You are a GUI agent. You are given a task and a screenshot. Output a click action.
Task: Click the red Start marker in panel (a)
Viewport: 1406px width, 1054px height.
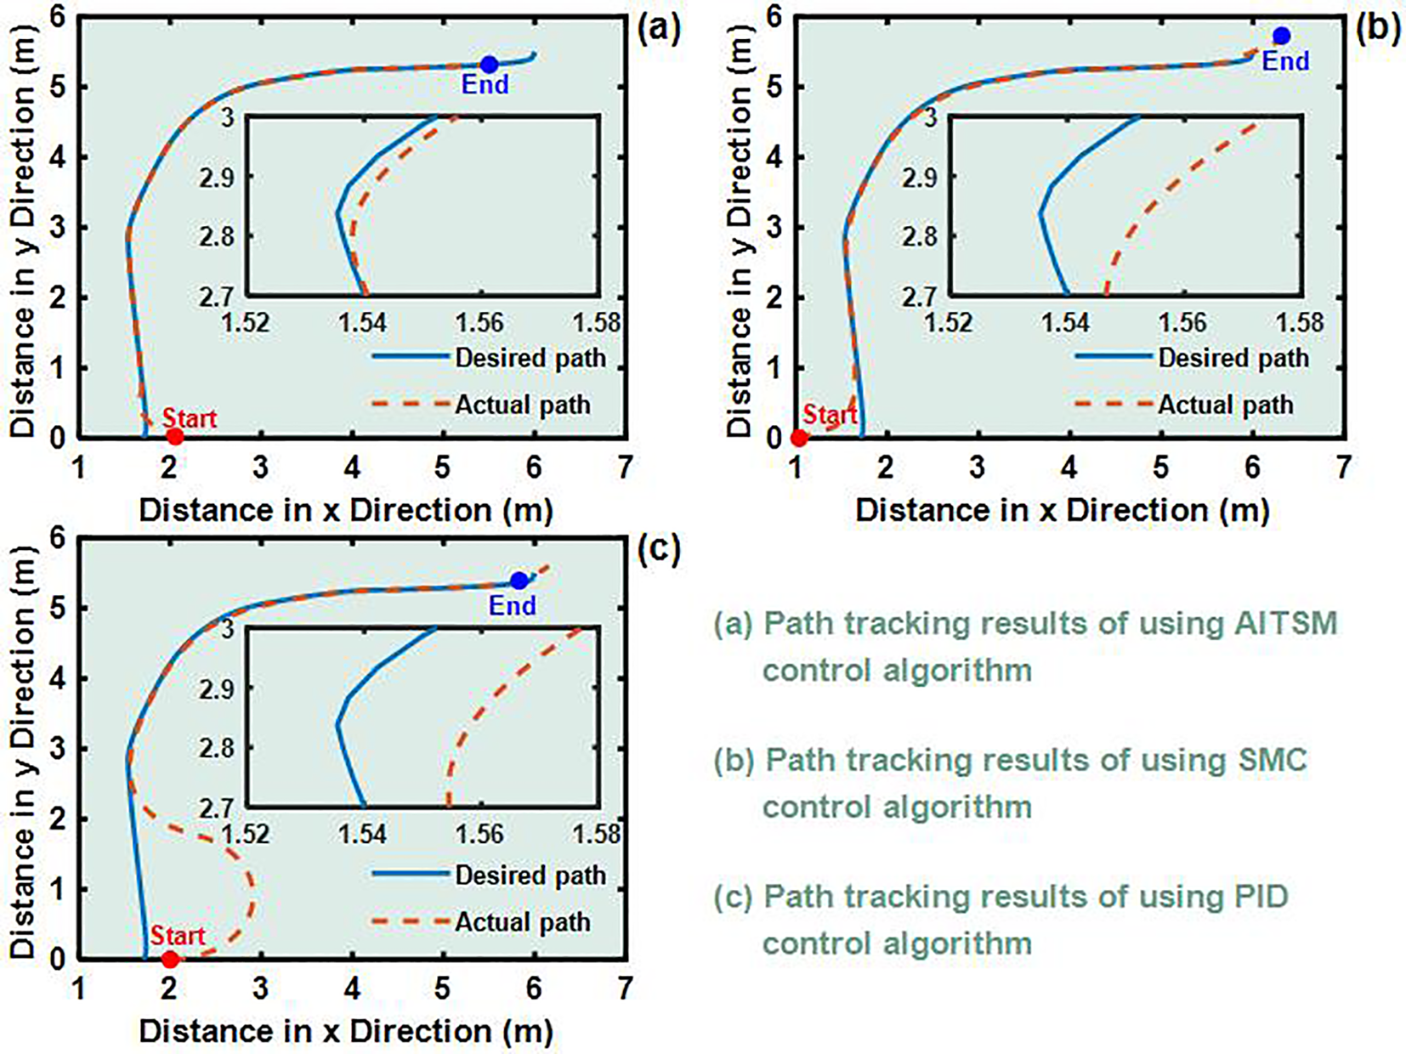(174, 437)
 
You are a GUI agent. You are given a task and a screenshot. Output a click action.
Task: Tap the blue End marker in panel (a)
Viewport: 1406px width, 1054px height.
(489, 65)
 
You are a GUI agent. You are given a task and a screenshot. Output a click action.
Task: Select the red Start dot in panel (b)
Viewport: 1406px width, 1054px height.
(799, 438)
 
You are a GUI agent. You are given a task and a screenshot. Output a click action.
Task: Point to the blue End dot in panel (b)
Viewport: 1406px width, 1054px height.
(1281, 36)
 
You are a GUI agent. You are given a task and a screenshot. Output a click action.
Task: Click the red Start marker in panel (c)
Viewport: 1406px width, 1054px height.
(170, 960)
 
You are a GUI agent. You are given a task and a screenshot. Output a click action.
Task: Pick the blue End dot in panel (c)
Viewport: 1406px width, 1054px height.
(519, 581)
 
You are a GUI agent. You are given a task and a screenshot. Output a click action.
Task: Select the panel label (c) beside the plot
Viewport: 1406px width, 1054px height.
(659, 549)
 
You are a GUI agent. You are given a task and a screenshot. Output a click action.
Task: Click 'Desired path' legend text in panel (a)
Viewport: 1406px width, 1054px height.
(530, 358)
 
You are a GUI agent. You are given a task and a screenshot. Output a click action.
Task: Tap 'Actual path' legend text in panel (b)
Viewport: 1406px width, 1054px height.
(1225, 405)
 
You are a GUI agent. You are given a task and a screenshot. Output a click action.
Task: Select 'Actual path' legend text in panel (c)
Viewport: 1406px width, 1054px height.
(522, 922)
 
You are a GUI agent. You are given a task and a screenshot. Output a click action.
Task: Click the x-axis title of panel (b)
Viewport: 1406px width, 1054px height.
(1063, 510)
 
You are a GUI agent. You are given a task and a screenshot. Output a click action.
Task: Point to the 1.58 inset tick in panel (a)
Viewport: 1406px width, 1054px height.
(597, 323)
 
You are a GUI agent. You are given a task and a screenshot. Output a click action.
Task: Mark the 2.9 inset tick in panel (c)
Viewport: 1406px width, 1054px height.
(218, 688)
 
